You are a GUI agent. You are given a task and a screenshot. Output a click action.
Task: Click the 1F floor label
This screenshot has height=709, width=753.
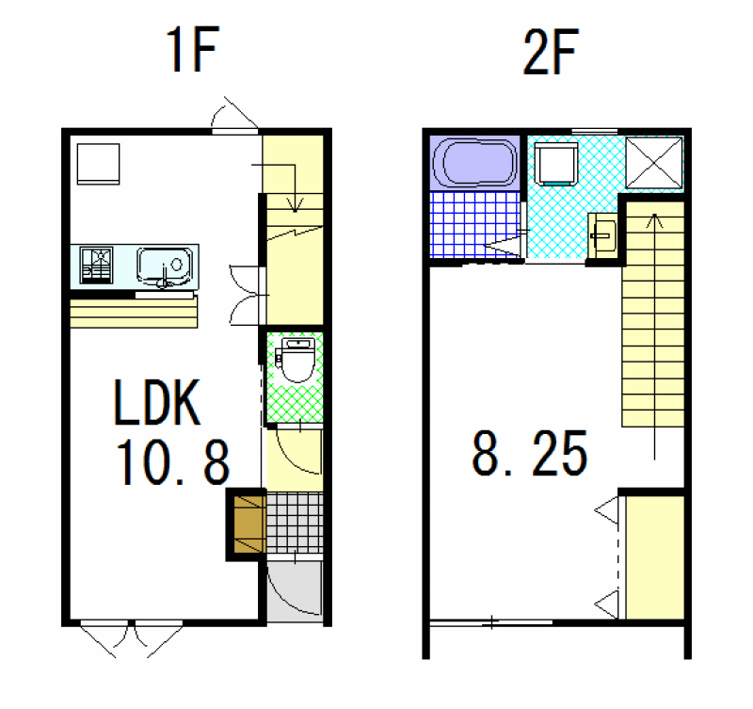(x=192, y=49)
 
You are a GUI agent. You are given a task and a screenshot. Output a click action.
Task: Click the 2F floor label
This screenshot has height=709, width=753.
(x=551, y=52)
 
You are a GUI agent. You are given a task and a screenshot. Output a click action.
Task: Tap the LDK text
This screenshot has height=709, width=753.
(x=157, y=403)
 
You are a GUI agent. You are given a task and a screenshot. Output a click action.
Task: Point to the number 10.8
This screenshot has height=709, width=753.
(x=173, y=462)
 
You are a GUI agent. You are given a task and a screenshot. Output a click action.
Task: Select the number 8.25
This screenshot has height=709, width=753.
(x=530, y=454)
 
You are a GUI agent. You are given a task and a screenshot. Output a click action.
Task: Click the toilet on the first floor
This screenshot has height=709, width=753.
(x=297, y=360)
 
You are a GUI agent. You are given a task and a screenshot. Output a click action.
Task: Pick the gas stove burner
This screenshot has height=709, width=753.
(x=97, y=266)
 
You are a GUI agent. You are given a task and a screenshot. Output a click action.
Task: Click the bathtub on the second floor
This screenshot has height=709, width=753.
(x=474, y=163)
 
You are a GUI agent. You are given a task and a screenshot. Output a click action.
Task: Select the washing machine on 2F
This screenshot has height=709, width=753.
(x=556, y=163)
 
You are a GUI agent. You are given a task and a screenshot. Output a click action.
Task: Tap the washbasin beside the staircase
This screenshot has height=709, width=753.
(x=602, y=237)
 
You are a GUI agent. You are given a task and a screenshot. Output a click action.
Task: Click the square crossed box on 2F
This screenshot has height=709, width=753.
(x=654, y=163)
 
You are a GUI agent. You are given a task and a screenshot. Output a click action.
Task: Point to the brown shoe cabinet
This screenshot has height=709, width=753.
(x=249, y=524)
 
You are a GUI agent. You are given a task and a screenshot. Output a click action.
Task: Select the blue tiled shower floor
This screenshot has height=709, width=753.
(x=475, y=224)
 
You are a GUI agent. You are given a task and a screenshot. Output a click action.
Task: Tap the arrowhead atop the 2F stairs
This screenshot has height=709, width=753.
(x=654, y=220)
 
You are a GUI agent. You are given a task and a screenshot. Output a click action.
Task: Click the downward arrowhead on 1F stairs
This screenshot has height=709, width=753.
(x=295, y=205)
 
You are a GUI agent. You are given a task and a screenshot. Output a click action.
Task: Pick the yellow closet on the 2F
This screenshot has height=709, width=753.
(x=655, y=557)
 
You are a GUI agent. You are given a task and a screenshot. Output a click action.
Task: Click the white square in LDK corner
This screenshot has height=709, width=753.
(x=99, y=164)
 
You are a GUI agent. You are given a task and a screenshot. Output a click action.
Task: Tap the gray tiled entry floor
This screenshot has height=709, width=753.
(x=295, y=523)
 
